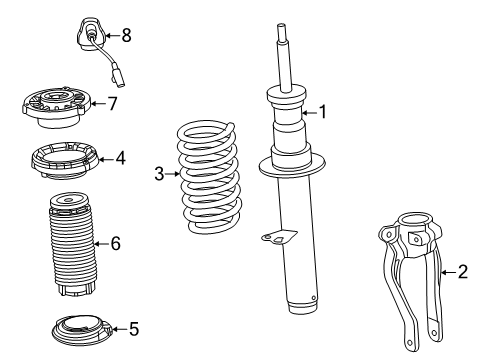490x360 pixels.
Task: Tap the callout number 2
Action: coord(462,271)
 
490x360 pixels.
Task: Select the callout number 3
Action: coord(158,174)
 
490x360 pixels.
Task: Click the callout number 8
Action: coord(125,35)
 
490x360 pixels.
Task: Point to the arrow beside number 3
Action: coord(171,174)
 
